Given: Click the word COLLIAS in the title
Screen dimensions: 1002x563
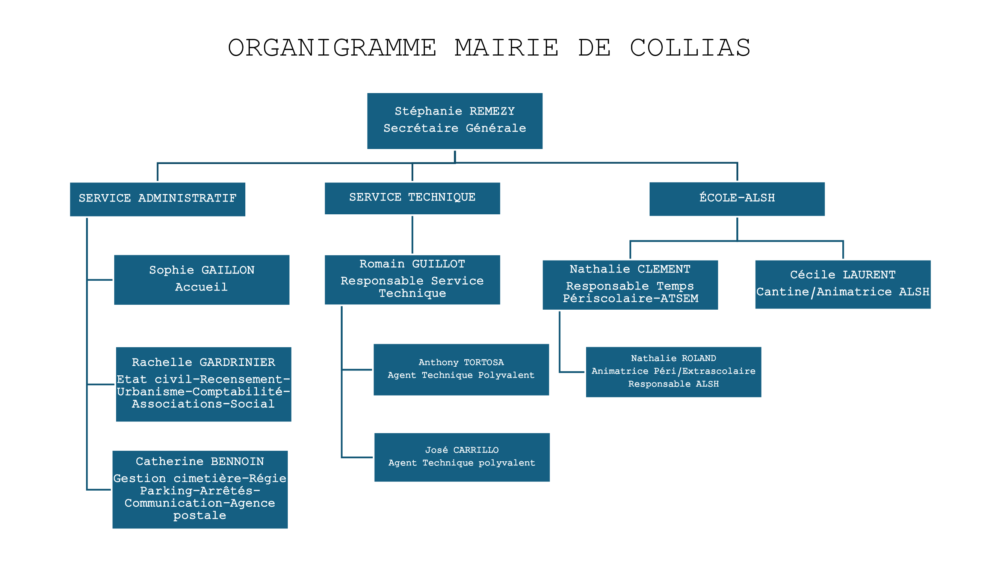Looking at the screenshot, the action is [x=690, y=48].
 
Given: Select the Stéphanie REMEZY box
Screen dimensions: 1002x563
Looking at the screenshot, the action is [x=455, y=121].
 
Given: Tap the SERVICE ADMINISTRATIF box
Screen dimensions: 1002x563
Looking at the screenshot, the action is [x=157, y=199].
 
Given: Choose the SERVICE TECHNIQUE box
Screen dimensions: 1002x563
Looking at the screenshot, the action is [x=412, y=198].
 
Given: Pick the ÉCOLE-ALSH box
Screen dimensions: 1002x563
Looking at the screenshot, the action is [x=737, y=199].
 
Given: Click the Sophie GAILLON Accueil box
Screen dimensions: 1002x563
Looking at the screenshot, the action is [x=201, y=280].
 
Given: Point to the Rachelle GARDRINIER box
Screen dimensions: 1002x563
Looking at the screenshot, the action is [x=203, y=384].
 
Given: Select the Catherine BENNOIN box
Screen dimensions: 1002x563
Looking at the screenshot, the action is [x=200, y=489].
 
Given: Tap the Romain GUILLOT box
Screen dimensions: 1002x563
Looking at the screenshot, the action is [x=412, y=280].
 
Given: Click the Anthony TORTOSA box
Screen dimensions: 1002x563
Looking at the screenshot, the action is [x=461, y=369].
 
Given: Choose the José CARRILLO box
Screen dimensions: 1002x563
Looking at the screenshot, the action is [x=462, y=457].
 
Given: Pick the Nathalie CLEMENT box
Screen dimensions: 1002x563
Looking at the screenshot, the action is [x=630, y=285].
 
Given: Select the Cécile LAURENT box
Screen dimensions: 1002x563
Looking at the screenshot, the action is [x=843, y=285].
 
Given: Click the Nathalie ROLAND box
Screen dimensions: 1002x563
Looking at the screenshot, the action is [x=674, y=372].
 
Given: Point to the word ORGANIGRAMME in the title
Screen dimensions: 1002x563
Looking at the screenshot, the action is [x=332, y=48].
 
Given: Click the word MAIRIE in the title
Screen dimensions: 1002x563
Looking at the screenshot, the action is [x=507, y=48].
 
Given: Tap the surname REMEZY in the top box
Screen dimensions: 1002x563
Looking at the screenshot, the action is [x=492, y=111].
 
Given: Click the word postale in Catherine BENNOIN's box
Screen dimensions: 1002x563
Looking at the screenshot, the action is [x=199, y=516].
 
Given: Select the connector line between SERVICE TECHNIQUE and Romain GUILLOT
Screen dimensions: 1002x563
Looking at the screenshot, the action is [x=412, y=235].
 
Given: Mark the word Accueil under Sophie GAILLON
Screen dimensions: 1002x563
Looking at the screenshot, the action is [x=201, y=287].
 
